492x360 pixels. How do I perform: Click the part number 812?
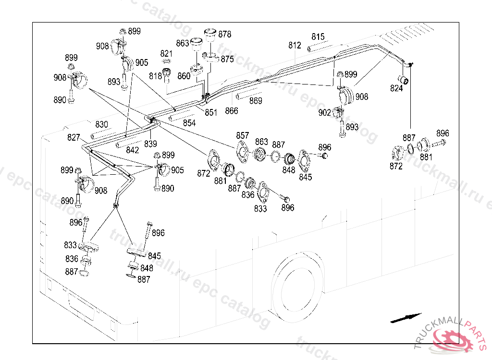tap(295, 46)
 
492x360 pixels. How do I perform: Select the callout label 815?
tap(318, 37)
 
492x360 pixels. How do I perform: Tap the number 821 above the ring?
tap(166, 54)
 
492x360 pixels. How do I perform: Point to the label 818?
tap(155, 76)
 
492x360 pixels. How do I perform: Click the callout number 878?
tap(224, 35)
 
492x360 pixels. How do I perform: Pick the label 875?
tap(227, 59)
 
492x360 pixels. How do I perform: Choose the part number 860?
tap(184, 76)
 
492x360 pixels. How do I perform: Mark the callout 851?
tap(211, 113)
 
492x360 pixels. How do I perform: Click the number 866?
tap(232, 111)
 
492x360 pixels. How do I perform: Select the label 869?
tap(256, 101)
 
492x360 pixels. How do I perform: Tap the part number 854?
tap(189, 123)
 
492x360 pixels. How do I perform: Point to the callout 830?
tap(101, 124)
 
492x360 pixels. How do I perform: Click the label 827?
tap(74, 138)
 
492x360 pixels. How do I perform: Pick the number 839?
tap(150, 144)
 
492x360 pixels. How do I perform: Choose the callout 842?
tap(133, 150)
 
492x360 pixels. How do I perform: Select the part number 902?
tap(325, 113)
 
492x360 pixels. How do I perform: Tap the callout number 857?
tap(243, 135)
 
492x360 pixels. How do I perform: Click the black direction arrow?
tap(406, 317)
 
